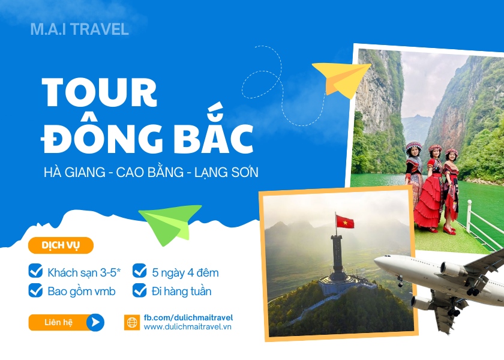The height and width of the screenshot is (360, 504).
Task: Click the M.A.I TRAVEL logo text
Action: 79,29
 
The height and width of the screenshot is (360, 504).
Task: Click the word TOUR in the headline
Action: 100,92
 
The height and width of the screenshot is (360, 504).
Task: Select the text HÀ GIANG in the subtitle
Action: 74,172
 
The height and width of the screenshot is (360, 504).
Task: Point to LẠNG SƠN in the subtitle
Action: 226,172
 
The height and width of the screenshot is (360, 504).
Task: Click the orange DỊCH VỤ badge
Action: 61,245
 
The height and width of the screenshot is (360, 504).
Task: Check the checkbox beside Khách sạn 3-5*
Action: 35,271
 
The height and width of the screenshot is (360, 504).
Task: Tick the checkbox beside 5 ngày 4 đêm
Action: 139,271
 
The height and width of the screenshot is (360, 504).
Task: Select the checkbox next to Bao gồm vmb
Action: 35,290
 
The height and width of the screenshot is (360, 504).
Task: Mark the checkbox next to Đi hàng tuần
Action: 139,290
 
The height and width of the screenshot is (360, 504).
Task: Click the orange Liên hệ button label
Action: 59,322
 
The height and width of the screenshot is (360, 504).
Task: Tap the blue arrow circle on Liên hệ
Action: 95,322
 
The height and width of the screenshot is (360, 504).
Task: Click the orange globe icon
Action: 132,322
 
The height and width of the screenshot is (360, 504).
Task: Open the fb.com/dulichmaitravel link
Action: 188,318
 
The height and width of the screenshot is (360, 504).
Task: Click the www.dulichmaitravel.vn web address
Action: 188,327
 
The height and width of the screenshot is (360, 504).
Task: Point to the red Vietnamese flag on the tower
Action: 345,222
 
